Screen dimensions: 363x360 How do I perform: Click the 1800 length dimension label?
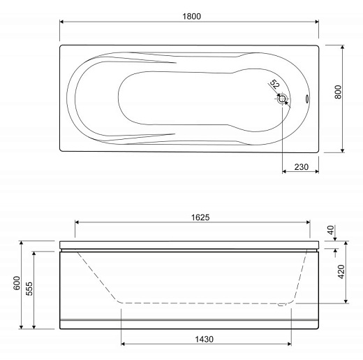point(191,16)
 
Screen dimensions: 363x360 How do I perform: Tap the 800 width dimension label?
point(339,92)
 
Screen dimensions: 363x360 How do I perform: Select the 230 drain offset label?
point(302,167)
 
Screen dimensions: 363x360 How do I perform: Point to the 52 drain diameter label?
point(274,84)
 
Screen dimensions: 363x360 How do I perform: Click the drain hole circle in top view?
point(282,99)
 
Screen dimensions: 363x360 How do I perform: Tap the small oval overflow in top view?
point(307,99)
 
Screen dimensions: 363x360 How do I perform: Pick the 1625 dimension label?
point(200,217)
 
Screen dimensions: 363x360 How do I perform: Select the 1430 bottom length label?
point(204,339)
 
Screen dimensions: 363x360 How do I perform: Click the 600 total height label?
point(17,283)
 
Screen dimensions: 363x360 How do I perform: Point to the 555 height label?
point(29,289)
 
